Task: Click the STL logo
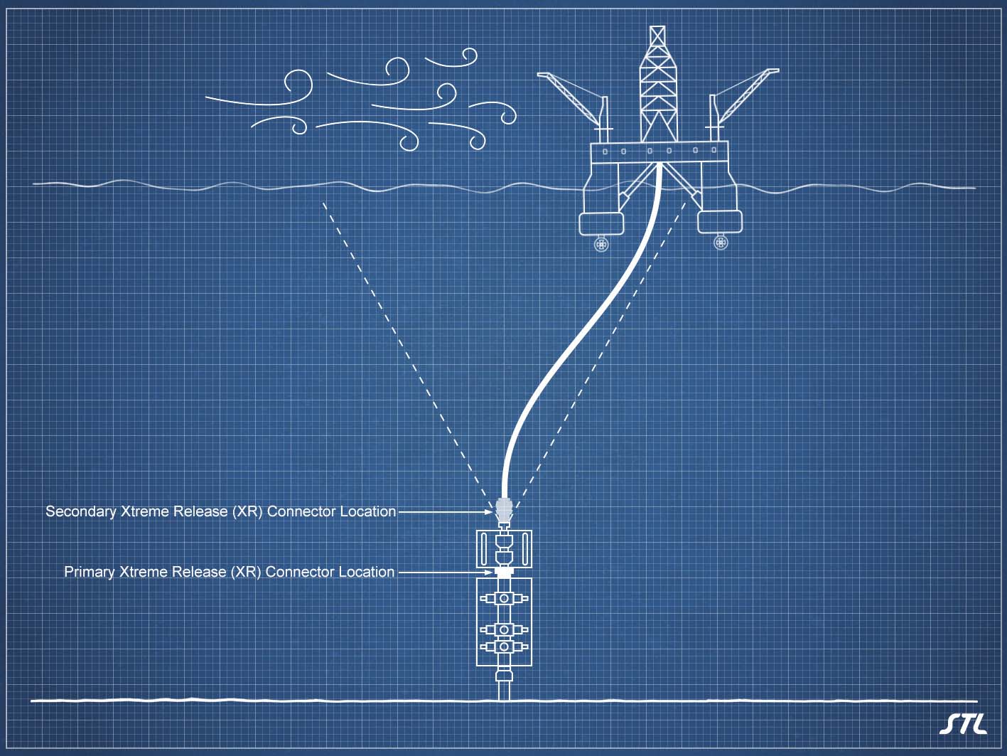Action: point(963,723)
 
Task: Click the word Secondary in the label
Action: point(80,511)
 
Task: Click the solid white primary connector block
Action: point(504,571)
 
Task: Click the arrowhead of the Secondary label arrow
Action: point(490,511)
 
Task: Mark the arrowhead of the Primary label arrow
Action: point(490,572)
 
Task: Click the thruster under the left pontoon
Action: point(602,245)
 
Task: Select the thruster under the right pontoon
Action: point(721,243)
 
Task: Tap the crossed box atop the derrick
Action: point(658,36)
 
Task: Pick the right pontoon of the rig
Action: point(720,221)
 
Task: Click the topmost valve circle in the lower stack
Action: point(504,599)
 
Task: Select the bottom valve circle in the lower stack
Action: point(504,646)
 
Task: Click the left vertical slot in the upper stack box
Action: point(484,549)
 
